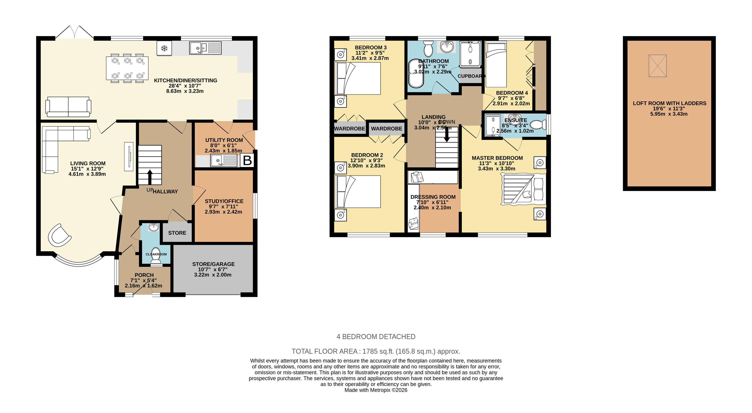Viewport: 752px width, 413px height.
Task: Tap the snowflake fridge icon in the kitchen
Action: click(x=164, y=48)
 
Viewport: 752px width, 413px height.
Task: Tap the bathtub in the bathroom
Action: click(x=416, y=74)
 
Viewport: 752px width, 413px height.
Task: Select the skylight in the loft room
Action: click(x=657, y=66)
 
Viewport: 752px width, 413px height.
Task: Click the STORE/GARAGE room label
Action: click(x=213, y=264)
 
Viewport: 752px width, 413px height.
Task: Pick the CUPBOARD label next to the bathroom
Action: click(x=471, y=76)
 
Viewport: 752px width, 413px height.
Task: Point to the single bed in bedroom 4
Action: click(x=496, y=64)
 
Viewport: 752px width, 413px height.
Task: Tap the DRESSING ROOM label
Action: click(x=433, y=197)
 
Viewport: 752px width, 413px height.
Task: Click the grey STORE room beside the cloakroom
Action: click(x=177, y=233)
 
